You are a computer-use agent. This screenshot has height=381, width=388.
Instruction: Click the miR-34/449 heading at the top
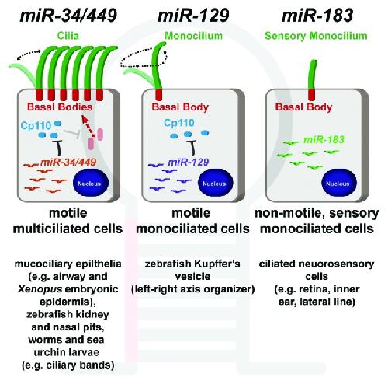click(x=68, y=15)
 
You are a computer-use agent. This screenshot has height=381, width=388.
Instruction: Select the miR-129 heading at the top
click(x=193, y=15)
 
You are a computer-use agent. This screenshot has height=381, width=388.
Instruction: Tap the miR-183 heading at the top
click(x=317, y=15)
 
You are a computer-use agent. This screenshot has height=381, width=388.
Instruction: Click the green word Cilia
click(x=68, y=36)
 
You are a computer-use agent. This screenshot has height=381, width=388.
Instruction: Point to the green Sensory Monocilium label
click(x=316, y=36)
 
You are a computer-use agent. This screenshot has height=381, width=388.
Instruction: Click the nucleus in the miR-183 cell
click(x=339, y=183)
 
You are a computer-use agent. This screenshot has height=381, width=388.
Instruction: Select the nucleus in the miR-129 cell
click(x=215, y=183)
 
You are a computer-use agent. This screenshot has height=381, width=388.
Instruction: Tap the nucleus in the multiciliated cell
click(x=91, y=183)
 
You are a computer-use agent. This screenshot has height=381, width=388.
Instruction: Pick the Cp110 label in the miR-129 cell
click(x=179, y=123)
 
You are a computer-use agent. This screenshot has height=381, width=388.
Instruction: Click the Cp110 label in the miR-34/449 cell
click(x=36, y=126)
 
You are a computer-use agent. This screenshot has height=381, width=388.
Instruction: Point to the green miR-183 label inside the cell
click(x=324, y=140)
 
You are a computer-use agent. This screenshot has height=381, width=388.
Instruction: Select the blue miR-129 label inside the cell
click(x=188, y=163)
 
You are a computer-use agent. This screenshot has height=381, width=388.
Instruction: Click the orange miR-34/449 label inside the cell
click(x=68, y=163)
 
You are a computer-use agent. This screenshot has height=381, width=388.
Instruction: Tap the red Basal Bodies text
click(x=60, y=107)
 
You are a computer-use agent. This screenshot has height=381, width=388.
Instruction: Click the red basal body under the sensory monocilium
click(x=313, y=94)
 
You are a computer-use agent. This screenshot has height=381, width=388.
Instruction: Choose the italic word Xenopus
click(x=40, y=289)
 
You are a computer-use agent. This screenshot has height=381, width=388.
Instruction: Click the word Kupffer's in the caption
click(x=217, y=264)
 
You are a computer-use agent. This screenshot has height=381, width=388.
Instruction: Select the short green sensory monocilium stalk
click(x=313, y=75)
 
